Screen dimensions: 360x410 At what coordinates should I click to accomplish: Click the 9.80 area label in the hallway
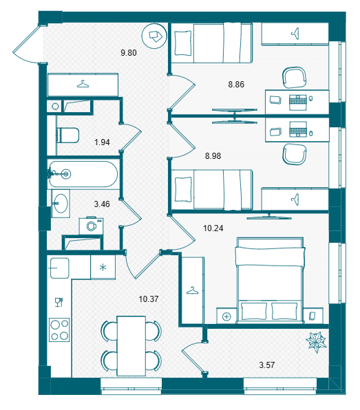click(129, 53)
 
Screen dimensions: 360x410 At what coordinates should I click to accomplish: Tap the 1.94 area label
click(102, 142)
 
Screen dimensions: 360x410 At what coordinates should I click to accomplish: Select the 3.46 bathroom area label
click(102, 204)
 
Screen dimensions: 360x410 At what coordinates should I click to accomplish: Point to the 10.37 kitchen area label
click(149, 299)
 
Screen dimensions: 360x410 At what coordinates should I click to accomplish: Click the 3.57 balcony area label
click(267, 365)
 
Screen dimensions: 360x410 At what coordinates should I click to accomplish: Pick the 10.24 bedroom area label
click(213, 228)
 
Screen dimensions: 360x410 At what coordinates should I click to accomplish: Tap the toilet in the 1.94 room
click(67, 136)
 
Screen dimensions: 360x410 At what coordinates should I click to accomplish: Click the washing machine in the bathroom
click(92, 226)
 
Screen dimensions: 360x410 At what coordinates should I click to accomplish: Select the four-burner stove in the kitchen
click(59, 330)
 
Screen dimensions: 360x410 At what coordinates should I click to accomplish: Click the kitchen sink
click(60, 268)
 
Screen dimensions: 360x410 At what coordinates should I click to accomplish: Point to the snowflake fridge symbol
click(103, 268)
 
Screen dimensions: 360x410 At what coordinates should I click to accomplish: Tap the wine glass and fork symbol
click(59, 302)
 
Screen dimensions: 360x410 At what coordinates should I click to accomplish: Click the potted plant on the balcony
click(316, 342)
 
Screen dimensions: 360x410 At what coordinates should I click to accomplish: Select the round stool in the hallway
click(154, 36)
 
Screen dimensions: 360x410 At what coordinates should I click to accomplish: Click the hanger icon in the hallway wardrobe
click(83, 84)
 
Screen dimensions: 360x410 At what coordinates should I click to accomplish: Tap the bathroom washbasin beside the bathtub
click(61, 204)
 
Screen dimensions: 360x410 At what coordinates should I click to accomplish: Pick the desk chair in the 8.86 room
click(295, 78)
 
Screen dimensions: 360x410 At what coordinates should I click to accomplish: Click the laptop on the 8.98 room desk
click(298, 129)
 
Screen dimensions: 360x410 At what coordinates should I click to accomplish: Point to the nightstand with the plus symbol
click(227, 316)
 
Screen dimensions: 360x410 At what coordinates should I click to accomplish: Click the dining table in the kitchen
click(131, 346)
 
